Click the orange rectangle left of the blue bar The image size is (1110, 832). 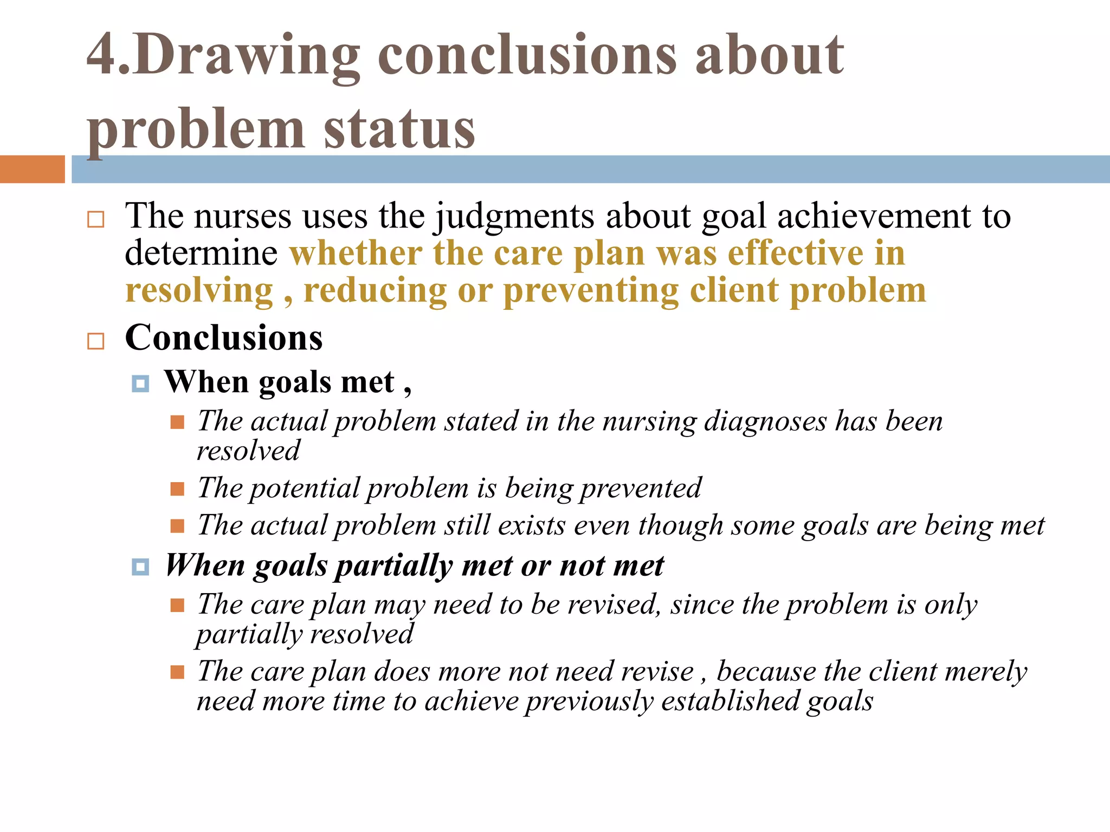point(33,169)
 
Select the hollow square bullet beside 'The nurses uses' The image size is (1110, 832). point(96,219)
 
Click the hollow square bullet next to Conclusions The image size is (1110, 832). point(96,341)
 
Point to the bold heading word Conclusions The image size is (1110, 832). point(224,338)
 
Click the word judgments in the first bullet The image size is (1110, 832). point(514,217)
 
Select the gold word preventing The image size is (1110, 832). point(591,291)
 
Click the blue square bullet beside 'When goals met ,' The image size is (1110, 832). point(140,384)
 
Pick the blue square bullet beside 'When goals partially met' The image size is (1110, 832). point(140,567)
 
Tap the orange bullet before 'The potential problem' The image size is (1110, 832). point(177,489)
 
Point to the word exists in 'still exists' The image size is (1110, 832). point(531,525)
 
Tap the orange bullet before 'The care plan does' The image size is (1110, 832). point(177,672)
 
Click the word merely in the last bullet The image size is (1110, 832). point(986,672)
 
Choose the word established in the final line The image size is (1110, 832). point(730,701)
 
